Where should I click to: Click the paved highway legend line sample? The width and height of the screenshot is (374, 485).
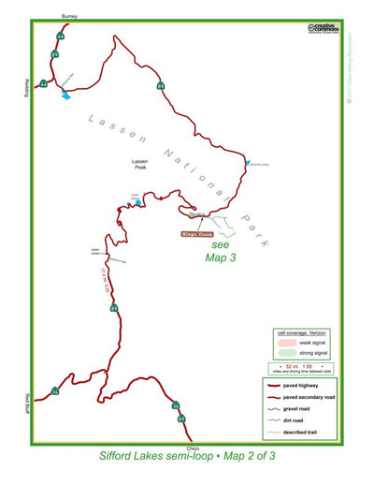278,384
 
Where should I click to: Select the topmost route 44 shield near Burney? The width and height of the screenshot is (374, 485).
60,36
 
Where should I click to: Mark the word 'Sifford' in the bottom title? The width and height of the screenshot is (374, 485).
120,460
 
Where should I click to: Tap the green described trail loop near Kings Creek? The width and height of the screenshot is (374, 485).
214,222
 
